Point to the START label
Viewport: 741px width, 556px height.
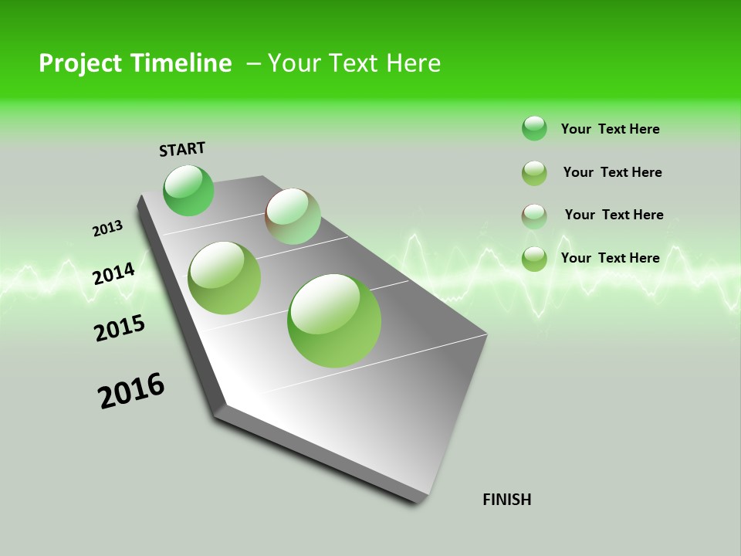182,149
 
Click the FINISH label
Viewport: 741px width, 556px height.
507,500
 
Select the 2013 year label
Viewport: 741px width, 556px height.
107,229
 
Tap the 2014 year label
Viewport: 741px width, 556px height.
114,273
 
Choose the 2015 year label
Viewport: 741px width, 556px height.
120,328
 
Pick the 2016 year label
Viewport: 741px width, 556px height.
131,391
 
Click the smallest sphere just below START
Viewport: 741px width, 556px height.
188,191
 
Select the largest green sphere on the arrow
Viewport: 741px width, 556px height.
334,320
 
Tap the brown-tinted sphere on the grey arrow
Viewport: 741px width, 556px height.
293,216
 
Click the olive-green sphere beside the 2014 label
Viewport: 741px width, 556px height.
225,278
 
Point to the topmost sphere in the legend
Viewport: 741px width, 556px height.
534,128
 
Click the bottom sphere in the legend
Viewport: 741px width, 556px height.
534,259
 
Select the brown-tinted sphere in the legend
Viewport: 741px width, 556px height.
534,216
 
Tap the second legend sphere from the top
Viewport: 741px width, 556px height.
534,173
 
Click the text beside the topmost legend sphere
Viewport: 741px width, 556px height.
610,129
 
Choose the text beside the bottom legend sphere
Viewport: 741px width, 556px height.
610,258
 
